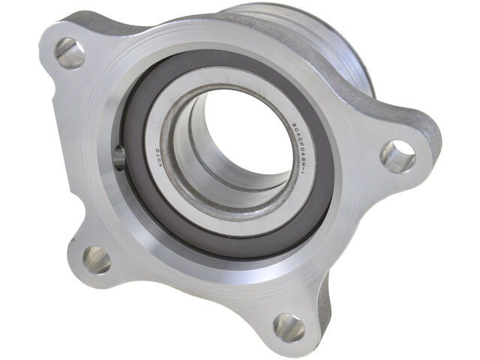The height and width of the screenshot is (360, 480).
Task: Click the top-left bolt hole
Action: tap(70, 53)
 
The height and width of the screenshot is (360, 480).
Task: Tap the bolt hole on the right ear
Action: tap(397, 156)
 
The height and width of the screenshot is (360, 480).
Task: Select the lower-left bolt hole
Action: tap(97, 259)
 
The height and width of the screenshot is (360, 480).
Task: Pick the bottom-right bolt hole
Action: tap(289, 327)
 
